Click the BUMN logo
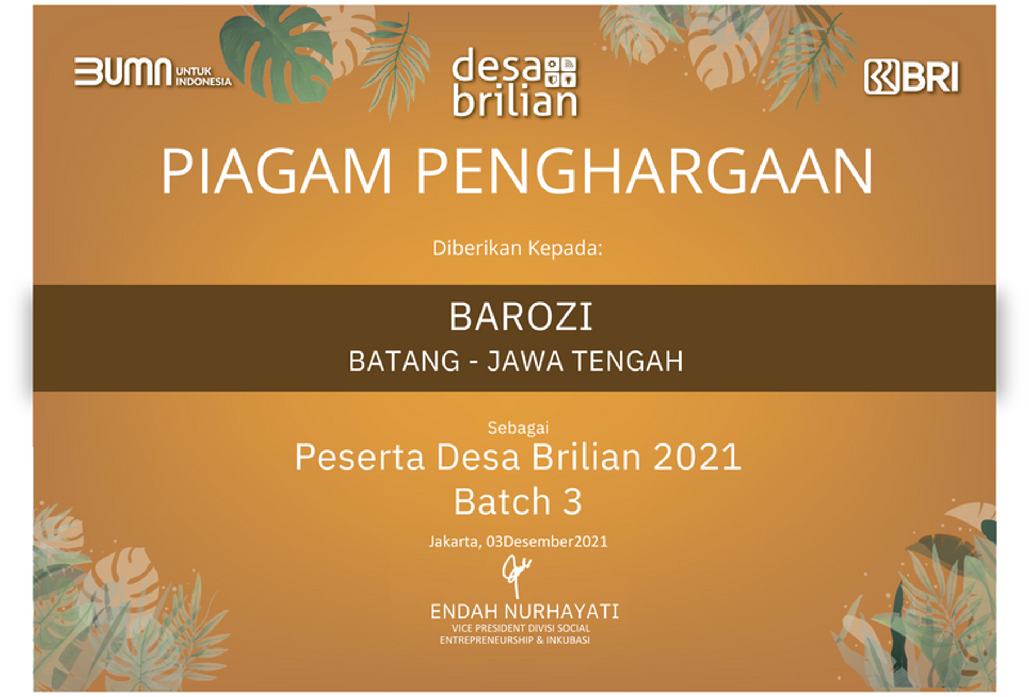pos(153,72)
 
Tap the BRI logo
pos(912,77)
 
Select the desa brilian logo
pos(515,83)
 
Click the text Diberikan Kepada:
pos(517,248)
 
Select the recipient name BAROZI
pos(521,317)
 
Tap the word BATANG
pos(404,361)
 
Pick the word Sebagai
pos(518,428)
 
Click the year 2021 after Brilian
pos(697,457)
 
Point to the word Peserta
pos(359,457)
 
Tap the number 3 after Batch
pos(572,502)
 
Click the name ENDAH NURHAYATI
pos(525,612)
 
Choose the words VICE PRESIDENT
pos(489,628)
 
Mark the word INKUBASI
pos(567,640)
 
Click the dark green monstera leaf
pos(277,54)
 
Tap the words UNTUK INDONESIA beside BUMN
pos(203,77)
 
